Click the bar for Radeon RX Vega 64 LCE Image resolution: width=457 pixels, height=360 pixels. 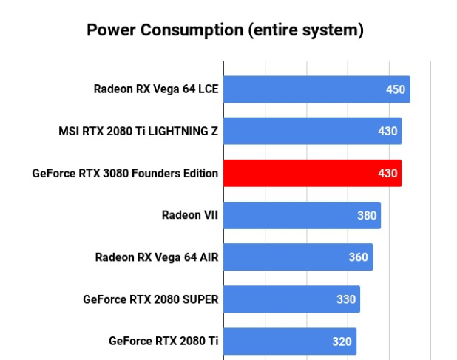[316, 89]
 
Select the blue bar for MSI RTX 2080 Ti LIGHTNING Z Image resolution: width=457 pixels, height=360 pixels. [312, 132]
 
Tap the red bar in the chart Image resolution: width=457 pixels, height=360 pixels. [312, 173]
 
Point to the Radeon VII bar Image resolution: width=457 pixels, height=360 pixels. [302, 216]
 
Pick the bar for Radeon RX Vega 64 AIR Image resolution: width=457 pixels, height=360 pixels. [297, 257]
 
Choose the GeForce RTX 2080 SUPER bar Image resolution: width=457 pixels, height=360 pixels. [291, 299]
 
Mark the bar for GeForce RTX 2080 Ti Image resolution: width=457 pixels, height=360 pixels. [289, 342]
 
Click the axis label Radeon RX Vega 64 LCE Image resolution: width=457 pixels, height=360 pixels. [156, 89]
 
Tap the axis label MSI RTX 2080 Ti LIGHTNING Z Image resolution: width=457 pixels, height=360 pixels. [138, 132]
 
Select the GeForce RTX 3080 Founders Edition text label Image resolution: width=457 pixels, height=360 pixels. [125, 174]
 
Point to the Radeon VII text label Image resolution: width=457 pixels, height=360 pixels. [190, 216]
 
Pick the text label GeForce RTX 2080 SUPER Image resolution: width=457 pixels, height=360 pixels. [151, 299]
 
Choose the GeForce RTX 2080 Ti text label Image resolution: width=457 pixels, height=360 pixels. [163, 342]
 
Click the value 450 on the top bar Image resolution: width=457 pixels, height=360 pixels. [396, 89]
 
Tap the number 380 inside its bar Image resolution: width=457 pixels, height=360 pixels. [367, 216]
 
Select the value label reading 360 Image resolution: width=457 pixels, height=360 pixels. [359, 257]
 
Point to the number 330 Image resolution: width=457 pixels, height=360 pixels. [346, 299]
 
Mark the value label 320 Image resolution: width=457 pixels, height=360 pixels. [342, 342]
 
